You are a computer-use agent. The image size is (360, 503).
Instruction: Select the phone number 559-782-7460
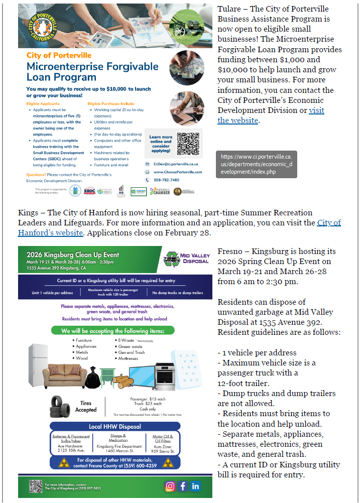(x=166, y=180)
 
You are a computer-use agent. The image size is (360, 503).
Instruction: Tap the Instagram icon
(x=170, y=486)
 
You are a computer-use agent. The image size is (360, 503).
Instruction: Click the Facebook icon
(x=183, y=486)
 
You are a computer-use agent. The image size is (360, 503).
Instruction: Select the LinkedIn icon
(x=196, y=486)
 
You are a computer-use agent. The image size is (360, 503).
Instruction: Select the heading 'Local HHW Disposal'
(x=115, y=427)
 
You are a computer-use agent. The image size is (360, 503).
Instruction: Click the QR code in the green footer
(x=35, y=486)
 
